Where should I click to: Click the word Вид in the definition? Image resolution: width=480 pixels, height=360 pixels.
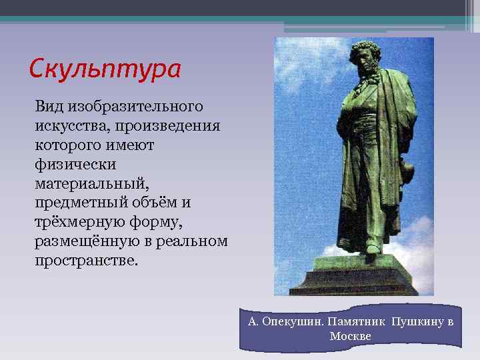coord(48,107)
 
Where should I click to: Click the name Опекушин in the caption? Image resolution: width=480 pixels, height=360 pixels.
coord(296,322)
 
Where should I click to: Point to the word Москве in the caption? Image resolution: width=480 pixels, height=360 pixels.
coord(350,336)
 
